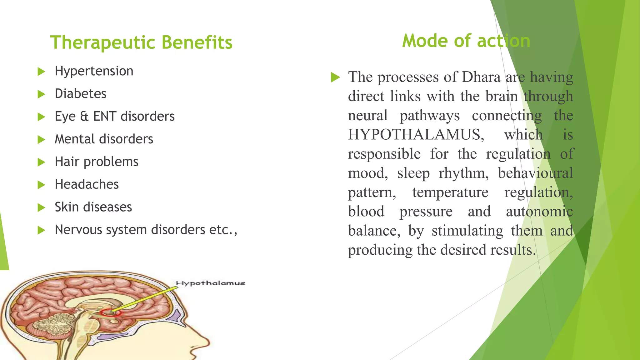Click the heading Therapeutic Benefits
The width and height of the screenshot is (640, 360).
coord(141,42)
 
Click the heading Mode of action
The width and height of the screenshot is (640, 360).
coord(466,41)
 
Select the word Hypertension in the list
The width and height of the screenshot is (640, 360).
coord(94,71)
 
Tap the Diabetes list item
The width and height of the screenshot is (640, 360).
coord(80,94)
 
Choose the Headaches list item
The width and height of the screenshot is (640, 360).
coord(87,184)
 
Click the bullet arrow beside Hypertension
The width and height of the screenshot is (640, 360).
coord(41,72)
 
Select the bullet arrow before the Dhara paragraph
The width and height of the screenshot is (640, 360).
coord(335,77)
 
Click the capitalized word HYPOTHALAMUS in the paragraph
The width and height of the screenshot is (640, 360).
coord(416,135)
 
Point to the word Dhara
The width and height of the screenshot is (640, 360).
coord(481,77)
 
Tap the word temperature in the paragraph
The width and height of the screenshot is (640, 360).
coord(450,192)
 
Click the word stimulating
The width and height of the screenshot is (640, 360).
coord(467,231)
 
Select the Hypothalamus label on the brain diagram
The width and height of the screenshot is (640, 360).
coord(210,283)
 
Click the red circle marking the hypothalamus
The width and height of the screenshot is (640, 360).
coord(110,312)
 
